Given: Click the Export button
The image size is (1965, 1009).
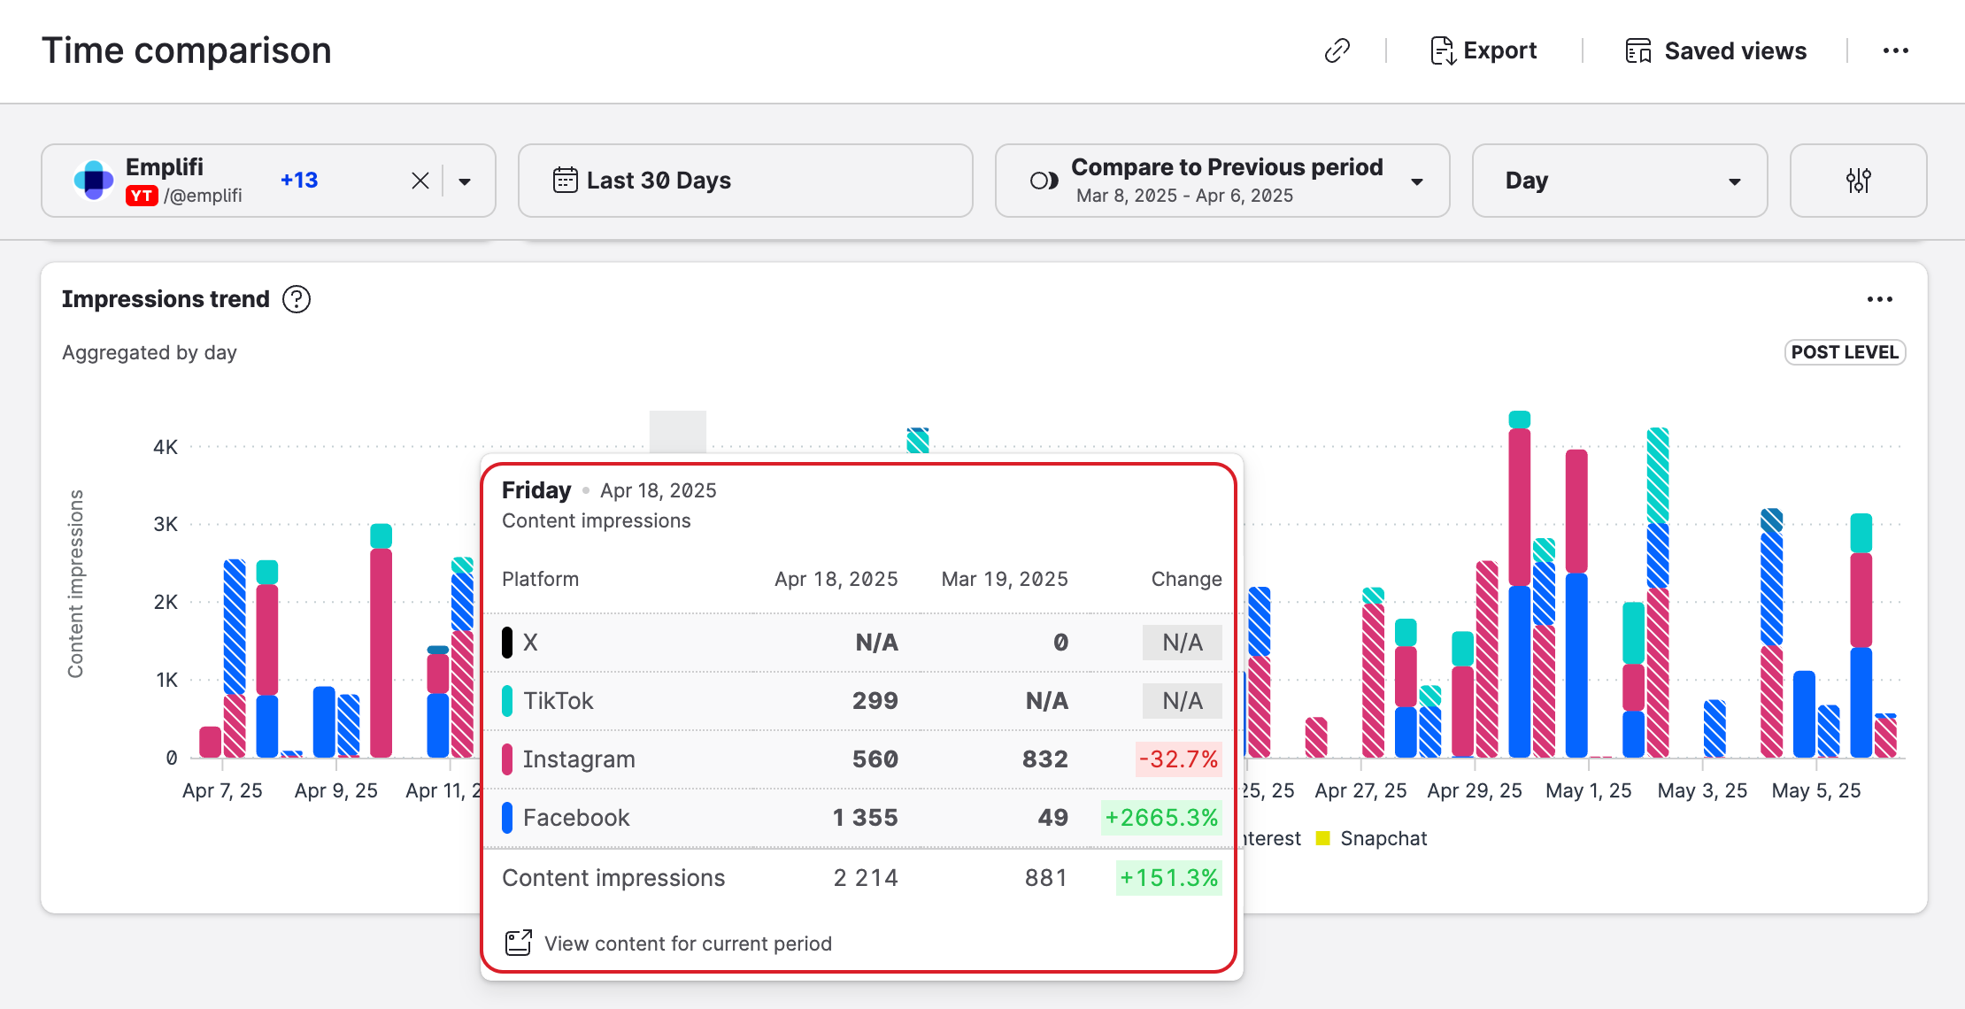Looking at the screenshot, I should click(1484, 51).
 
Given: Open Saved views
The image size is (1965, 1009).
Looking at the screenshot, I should click(1716, 51).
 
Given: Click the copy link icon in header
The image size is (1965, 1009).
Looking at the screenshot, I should click(1337, 51).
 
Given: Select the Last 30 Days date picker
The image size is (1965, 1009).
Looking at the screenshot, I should click(744, 181).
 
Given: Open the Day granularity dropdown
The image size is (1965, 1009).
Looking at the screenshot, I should click(1619, 181).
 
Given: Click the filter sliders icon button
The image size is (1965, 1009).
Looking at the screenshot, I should click(1858, 181).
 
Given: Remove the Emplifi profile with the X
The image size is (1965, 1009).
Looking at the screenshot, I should click(420, 181).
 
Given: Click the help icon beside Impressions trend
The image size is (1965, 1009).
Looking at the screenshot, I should click(297, 299).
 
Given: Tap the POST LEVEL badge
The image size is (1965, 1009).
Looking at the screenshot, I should click(1845, 352).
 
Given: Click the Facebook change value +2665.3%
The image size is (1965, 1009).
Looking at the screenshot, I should click(1161, 818).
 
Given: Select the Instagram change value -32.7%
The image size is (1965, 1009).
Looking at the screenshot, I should click(1178, 759).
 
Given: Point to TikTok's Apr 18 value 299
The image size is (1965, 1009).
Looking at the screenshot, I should click(875, 701).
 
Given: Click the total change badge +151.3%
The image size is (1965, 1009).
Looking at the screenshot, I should click(1168, 878).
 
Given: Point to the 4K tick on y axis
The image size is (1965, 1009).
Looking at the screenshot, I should click(166, 447).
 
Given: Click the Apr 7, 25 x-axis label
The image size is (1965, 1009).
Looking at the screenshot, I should click(222, 791).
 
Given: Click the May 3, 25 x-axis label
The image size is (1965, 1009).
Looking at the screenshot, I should click(1702, 791).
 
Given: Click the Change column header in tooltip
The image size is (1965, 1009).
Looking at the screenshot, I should click(1186, 579).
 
